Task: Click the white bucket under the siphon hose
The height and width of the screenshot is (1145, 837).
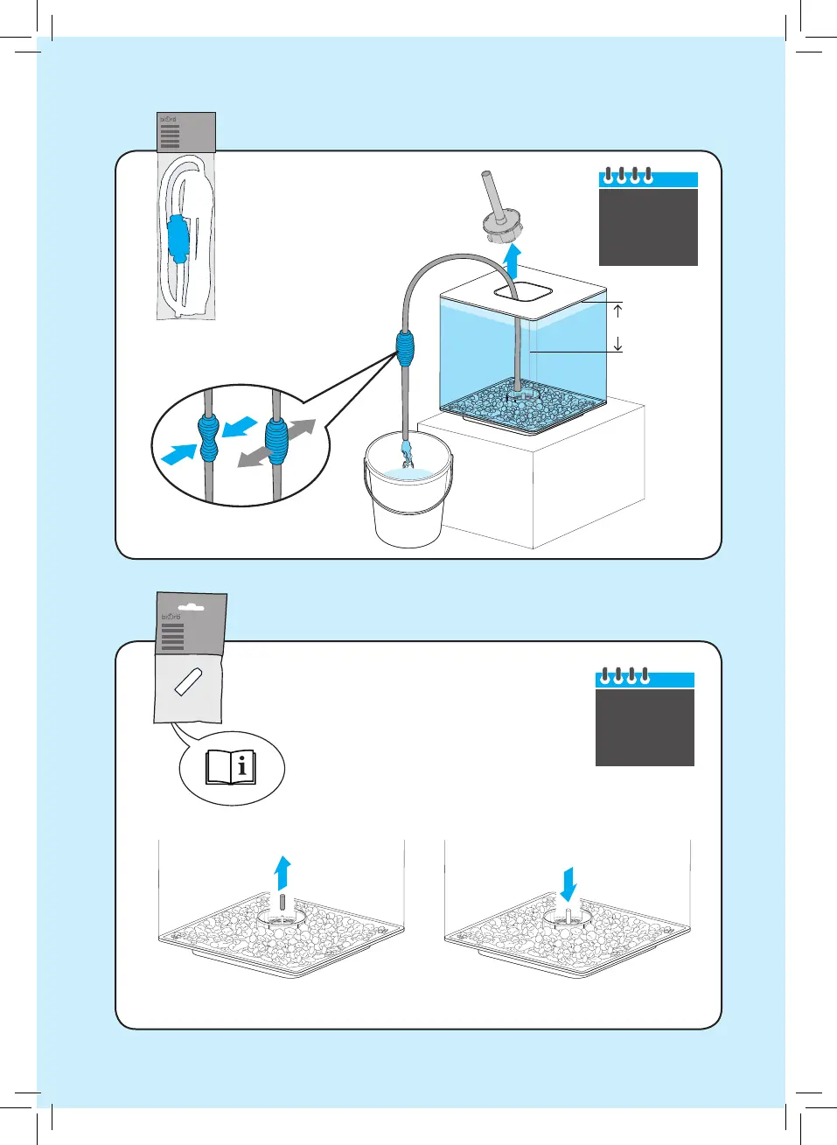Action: point(408,512)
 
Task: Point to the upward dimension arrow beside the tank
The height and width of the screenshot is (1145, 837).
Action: point(618,310)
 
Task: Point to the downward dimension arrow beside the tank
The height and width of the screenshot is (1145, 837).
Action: point(618,344)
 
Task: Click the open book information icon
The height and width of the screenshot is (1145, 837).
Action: point(232,767)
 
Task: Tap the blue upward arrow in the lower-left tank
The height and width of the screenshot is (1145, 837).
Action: point(282,872)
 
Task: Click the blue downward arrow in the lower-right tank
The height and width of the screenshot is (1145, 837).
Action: point(568,883)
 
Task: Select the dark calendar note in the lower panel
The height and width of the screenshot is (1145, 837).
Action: point(645,726)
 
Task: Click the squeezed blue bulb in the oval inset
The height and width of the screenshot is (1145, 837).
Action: point(209,438)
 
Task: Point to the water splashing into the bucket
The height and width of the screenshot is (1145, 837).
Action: point(407,456)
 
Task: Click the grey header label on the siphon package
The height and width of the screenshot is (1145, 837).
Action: point(186,132)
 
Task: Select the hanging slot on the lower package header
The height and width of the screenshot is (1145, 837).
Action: point(190,605)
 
